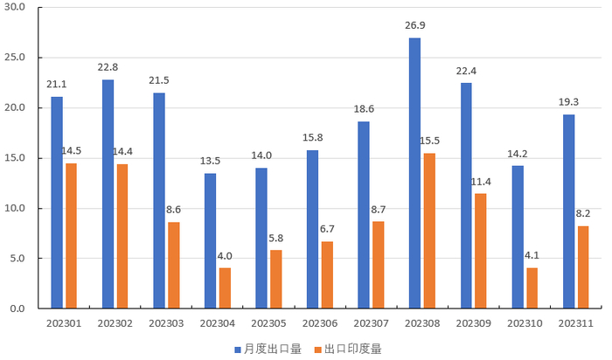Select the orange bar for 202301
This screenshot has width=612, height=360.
point(71,236)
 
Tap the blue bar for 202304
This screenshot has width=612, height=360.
point(210,240)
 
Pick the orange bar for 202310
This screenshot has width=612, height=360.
point(532,287)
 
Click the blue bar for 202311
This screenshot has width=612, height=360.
point(568,211)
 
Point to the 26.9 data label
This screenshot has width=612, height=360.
point(414,25)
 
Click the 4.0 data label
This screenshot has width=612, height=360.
point(225,255)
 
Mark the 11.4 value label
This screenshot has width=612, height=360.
point(481,181)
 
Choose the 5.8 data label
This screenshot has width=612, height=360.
point(276,238)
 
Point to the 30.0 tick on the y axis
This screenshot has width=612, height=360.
point(17,8)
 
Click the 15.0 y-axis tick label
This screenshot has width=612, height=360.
point(17,158)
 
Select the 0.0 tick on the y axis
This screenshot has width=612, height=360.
point(19,308)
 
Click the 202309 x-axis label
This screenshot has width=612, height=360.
point(472,322)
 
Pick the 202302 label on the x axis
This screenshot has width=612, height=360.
point(115,322)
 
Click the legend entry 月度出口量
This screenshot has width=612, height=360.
point(273,349)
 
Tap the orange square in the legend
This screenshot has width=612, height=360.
point(318,349)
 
